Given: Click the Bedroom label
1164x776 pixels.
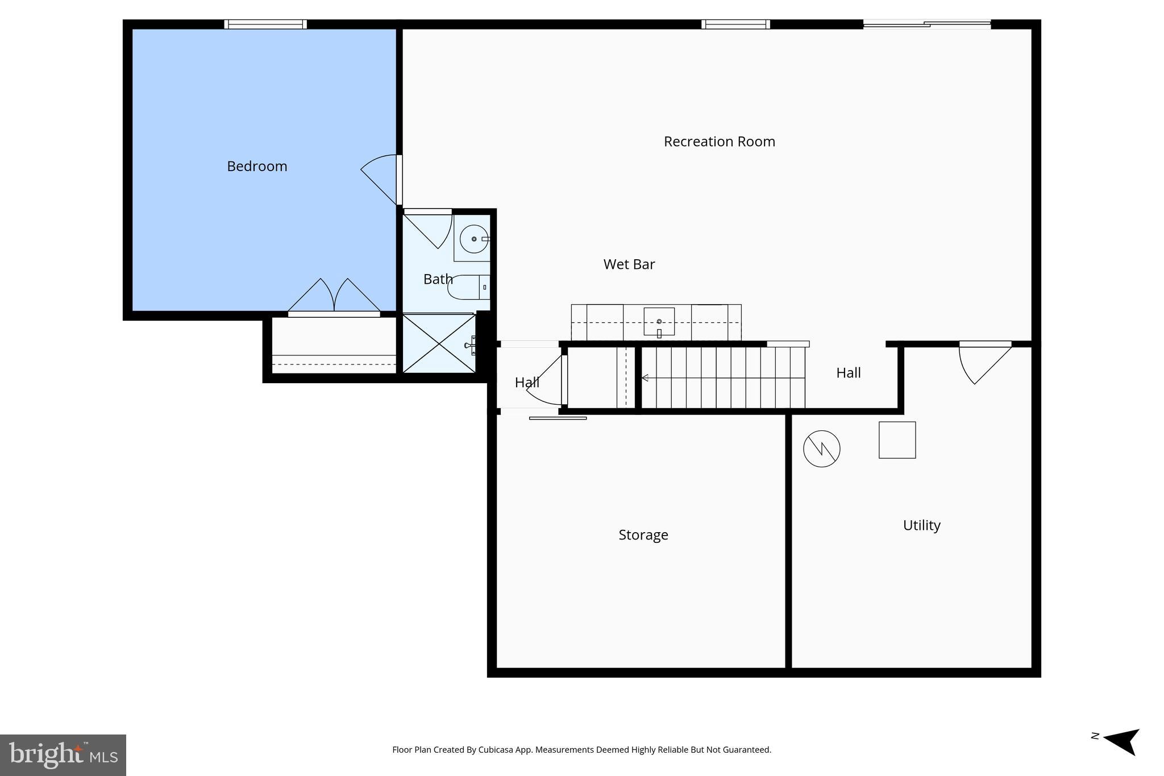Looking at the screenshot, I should pos(257,166).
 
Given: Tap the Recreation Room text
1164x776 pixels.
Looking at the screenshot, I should pos(719,142).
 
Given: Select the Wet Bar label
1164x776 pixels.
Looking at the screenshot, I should pos(629,264).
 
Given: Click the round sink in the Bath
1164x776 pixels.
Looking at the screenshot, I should pos(473,239).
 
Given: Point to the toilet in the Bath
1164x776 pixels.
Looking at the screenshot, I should pos(467,287).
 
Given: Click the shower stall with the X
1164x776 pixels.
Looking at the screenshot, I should pos(439,344).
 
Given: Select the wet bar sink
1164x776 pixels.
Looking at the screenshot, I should pos(659,322).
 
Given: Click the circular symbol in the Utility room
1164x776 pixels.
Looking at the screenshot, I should pos(821,449).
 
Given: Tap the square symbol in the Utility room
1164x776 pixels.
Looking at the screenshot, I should pos(897,439).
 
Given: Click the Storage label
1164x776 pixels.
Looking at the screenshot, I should pos(643,535).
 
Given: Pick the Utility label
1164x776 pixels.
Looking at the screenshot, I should pos(921,525).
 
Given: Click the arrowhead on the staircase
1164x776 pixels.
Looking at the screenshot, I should pos(645,377).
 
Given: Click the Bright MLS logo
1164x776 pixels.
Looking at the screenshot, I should pos(63,755).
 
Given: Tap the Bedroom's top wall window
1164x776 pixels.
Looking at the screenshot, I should pos(265,24).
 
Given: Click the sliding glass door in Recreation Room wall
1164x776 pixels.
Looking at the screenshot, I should pos(926,24).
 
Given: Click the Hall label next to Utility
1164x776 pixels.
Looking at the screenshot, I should pos(848,373).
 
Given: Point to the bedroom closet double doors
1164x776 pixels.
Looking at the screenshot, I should pos(334,297).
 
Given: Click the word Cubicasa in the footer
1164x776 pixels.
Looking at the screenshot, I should pos(493,750).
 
